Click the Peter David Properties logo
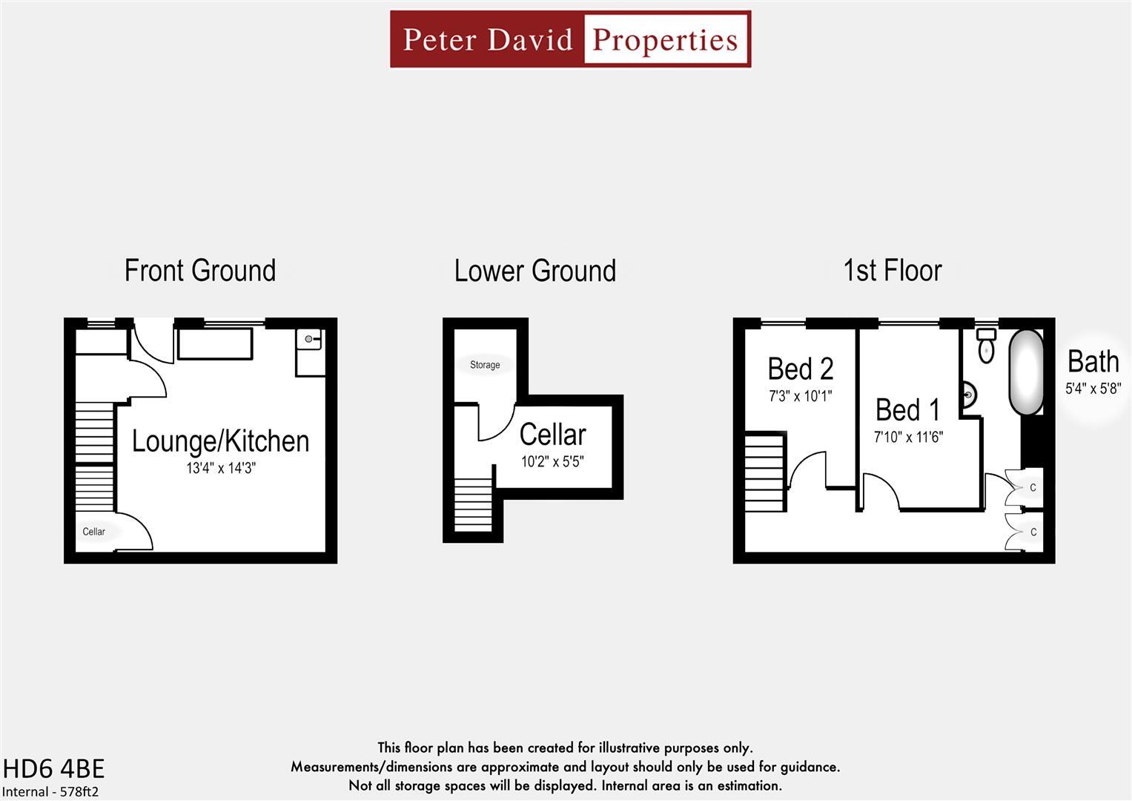click(570, 39)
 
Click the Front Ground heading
click(200, 271)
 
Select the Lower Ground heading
click(534, 271)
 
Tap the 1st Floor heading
click(892, 271)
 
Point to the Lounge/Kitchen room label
click(220, 441)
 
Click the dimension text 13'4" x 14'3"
click(220, 468)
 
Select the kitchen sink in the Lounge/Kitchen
click(309, 340)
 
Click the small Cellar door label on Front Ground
click(93, 532)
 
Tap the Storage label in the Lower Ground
click(485, 365)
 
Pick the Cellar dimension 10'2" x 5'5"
click(552, 462)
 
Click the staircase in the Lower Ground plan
click(472, 505)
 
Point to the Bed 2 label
click(800, 369)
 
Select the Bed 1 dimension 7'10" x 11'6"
click(907, 438)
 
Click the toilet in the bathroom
click(986, 347)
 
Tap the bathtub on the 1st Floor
click(1026, 372)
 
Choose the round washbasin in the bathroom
click(967, 395)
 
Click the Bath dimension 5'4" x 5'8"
click(1093, 389)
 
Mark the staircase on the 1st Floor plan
click(764, 473)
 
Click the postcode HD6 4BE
click(53, 768)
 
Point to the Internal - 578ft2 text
click(50, 791)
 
